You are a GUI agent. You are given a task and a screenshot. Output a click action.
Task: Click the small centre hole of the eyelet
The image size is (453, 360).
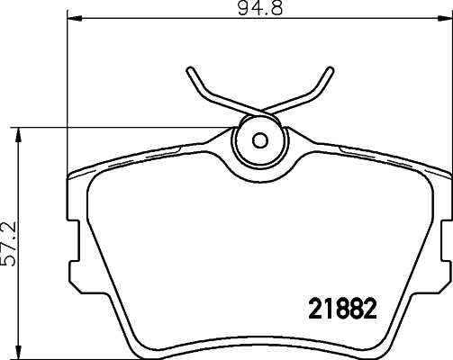(260, 140)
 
